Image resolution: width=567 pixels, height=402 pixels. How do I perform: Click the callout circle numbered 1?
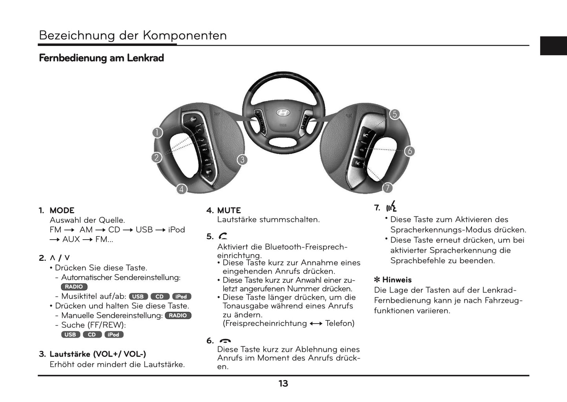(x=157, y=133)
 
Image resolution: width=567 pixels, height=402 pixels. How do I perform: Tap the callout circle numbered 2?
(x=157, y=158)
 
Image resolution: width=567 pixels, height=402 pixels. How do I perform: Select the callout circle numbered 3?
(x=242, y=160)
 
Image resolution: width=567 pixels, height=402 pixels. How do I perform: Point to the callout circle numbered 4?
(x=181, y=189)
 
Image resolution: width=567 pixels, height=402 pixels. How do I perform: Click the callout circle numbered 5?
(x=394, y=114)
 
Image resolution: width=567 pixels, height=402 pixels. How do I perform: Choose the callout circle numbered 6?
(x=409, y=151)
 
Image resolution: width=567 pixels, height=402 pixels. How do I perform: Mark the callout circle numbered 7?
(x=388, y=188)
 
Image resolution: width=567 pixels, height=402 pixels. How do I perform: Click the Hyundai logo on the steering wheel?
(x=283, y=113)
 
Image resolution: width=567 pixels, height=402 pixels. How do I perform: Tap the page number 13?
(x=283, y=384)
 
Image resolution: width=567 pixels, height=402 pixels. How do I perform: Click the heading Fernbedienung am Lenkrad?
(x=101, y=58)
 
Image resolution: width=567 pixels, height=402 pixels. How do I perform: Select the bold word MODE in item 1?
(x=62, y=211)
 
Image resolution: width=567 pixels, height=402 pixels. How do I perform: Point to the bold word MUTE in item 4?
(x=229, y=211)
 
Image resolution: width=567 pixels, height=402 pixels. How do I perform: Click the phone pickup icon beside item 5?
(x=223, y=236)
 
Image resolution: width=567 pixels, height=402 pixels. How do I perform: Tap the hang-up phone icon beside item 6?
(x=225, y=341)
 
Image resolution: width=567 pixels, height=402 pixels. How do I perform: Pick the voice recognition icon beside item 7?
(x=391, y=207)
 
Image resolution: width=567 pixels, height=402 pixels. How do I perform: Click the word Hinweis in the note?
(x=397, y=280)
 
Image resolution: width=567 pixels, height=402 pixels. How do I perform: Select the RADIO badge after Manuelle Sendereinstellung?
(x=178, y=316)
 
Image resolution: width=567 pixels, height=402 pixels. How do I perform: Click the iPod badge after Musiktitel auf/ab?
(x=181, y=296)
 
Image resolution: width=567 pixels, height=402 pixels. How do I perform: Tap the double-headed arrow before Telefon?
(x=316, y=324)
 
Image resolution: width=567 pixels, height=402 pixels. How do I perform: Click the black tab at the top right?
(x=553, y=45)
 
